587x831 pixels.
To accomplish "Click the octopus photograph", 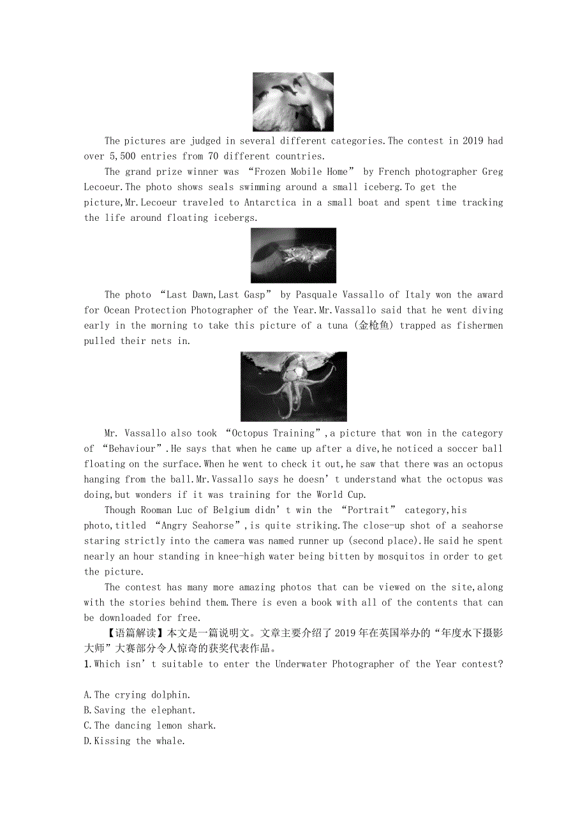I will [x=293, y=386].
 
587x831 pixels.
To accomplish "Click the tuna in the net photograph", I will [x=293, y=255].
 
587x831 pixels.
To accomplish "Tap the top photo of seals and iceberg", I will [x=293, y=102].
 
